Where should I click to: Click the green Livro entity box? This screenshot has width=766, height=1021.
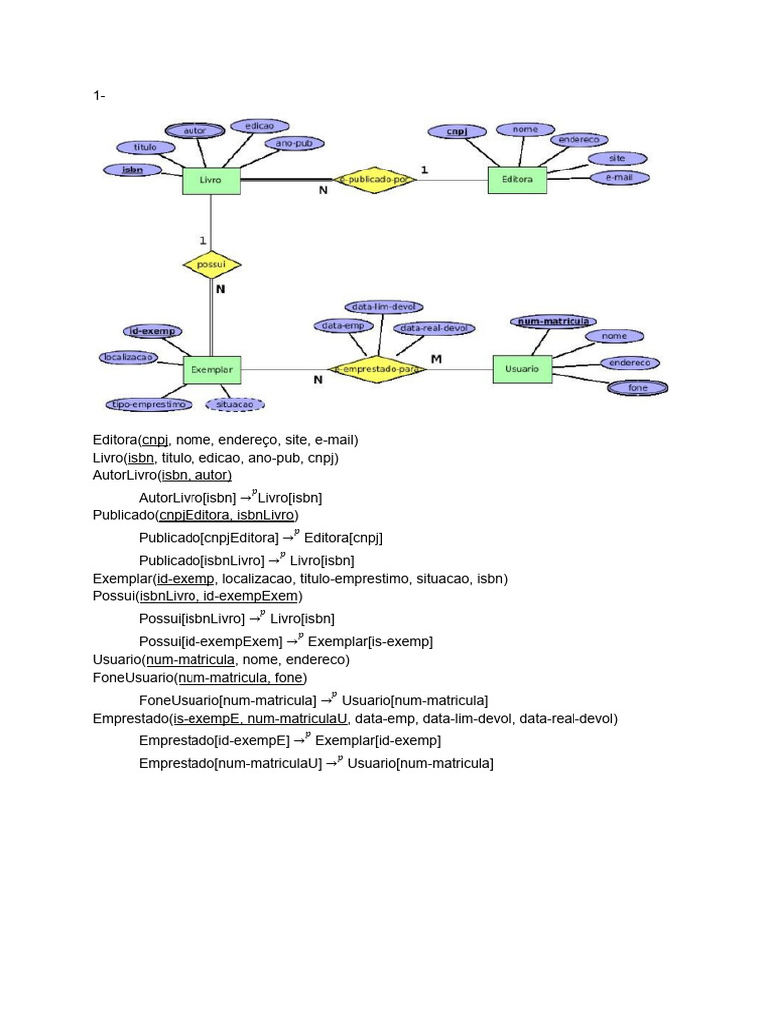tap(210, 180)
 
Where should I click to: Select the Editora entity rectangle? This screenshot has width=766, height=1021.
tap(517, 180)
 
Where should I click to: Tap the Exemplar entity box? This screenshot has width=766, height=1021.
tap(210, 369)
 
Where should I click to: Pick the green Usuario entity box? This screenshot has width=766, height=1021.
tap(521, 369)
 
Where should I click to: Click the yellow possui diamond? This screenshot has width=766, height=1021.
tap(211, 265)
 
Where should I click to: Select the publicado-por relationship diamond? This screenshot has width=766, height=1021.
tap(373, 180)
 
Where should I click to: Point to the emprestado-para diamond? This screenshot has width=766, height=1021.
tap(377, 370)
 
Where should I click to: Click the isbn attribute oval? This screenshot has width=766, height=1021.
tap(132, 170)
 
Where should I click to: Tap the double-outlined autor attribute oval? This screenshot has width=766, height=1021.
tap(194, 131)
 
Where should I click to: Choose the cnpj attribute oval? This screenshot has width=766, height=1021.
tap(456, 131)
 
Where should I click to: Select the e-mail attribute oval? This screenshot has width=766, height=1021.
tap(620, 177)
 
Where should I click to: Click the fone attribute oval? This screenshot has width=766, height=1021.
tap(637, 387)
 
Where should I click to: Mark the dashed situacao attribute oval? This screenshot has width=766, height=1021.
tap(235, 404)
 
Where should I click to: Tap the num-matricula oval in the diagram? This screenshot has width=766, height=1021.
tap(555, 321)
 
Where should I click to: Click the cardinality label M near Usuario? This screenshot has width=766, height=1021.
tap(436, 358)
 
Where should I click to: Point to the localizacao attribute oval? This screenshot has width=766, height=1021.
tap(128, 356)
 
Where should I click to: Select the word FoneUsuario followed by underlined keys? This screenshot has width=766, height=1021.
tap(132, 678)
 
